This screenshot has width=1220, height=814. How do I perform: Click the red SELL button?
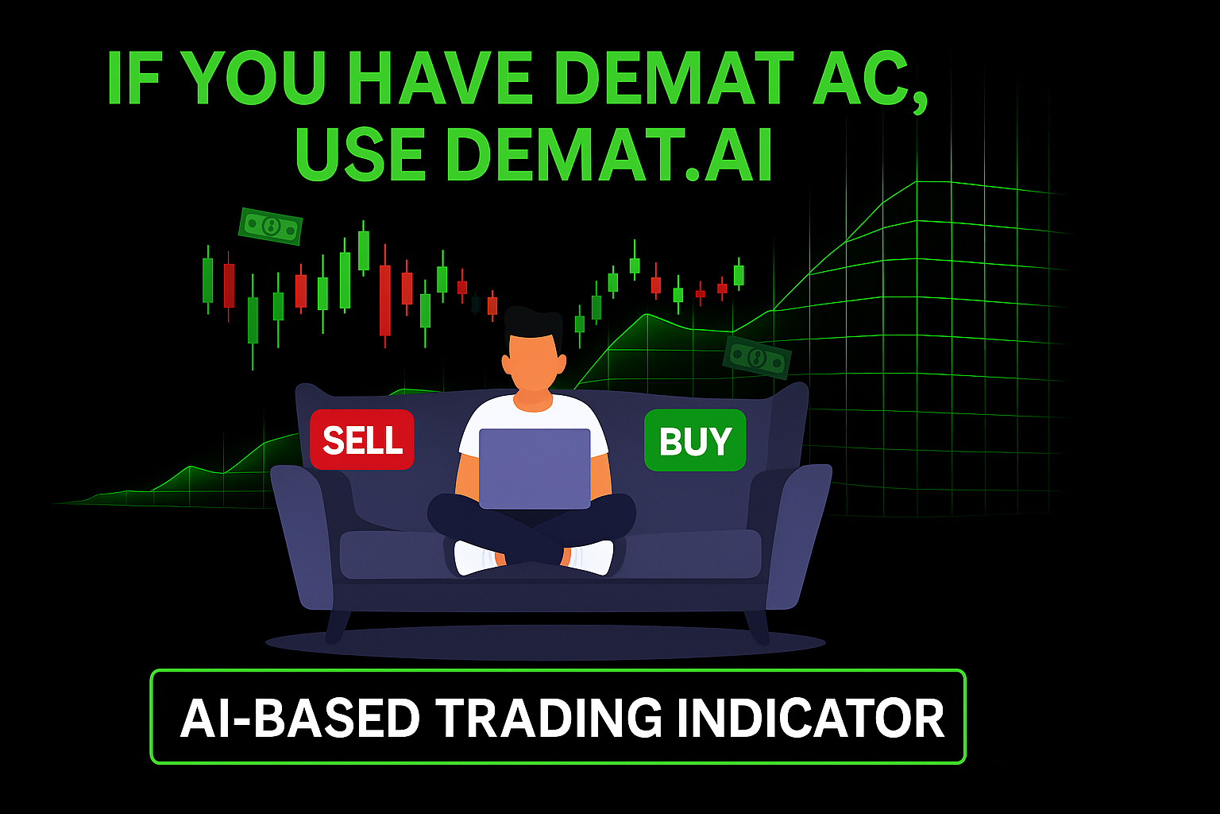362,440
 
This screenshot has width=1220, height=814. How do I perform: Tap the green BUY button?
695,440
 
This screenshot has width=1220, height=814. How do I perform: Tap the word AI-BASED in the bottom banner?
300,718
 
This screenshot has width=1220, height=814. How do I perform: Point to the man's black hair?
533,324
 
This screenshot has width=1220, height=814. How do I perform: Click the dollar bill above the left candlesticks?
270,226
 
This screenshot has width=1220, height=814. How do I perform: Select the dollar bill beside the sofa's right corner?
757,357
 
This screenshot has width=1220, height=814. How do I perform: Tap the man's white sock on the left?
475,557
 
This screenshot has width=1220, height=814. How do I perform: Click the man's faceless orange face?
534,364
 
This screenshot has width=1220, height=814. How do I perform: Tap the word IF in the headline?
133,78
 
